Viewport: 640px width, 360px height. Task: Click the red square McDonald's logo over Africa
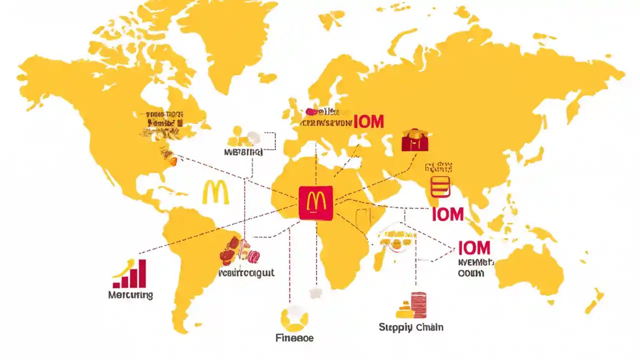[x=315, y=202]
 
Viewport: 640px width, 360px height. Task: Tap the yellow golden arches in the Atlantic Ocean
[x=215, y=192]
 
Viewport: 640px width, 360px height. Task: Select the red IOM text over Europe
[x=368, y=121]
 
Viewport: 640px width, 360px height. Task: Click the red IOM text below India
[x=448, y=214]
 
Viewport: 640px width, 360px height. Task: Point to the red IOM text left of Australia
[x=474, y=248]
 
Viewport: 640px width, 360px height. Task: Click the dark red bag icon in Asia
[x=415, y=140]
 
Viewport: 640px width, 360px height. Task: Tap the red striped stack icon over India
[x=440, y=185]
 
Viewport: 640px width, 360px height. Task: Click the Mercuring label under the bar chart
[x=130, y=294]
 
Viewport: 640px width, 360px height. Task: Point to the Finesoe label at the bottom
[x=294, y=338]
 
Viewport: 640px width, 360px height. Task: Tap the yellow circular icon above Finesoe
[x=294, y=318]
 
